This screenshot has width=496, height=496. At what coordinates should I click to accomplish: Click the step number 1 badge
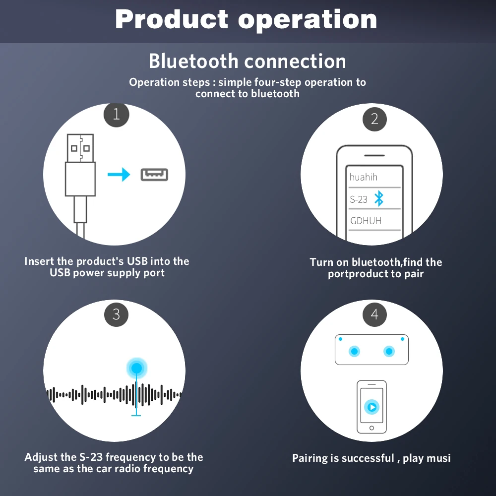click(117, 114)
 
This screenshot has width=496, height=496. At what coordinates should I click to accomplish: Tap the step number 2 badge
click(374, 119)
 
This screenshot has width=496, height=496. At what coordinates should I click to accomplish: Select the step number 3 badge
click(117, 314)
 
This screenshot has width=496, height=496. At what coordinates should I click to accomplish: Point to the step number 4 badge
click(374, 314)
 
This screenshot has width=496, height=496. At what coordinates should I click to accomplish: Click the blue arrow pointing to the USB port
click(119, 174)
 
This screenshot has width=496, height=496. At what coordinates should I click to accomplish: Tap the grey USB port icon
click(154, 175)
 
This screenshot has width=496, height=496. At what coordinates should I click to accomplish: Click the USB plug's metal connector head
click(80, 148)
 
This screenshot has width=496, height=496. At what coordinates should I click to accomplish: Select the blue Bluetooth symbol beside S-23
click(379, 199)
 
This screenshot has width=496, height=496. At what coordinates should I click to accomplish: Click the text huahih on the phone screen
click(364, 177)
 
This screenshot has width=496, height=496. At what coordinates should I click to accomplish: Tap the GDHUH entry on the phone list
click(366, 221)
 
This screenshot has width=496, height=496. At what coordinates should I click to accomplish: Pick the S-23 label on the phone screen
click(359, 199)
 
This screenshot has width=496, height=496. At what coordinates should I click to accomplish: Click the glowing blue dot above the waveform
click(137, 368)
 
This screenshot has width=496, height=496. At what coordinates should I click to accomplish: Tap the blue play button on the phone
click(372, 407)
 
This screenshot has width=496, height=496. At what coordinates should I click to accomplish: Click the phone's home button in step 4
click(372, 428)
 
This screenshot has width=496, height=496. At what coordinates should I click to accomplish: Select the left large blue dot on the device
click(354, 351)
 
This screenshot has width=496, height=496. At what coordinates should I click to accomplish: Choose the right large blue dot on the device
click(389, 351)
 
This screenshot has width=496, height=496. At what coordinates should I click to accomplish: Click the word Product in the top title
click(172, 20)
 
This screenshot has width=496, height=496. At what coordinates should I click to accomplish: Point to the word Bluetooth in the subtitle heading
click(193, 61)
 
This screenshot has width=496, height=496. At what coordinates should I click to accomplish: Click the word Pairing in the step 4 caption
click(310, 458)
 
